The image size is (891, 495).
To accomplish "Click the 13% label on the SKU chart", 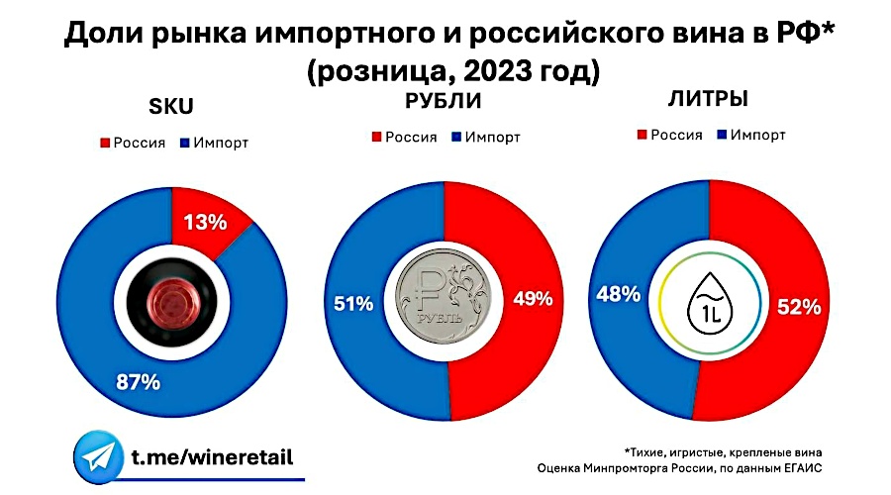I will (207, 223).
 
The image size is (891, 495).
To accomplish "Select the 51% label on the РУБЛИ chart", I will (352, 304).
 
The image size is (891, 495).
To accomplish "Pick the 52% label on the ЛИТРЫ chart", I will (799, 307).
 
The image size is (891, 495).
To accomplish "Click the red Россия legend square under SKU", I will (104, 143).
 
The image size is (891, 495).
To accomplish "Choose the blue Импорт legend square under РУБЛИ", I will (454, 137).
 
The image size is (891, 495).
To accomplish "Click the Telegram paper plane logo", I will (98, 456).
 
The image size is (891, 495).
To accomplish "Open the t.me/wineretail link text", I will (212, 457).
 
